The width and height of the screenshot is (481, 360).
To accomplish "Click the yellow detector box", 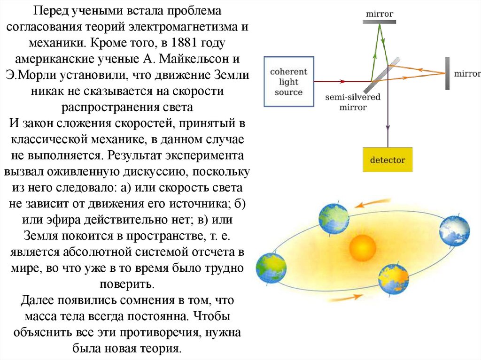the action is point(387,160).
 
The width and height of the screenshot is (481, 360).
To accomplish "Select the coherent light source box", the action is point(288,82).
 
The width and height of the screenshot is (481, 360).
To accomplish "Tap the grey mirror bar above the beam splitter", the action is point(380,21).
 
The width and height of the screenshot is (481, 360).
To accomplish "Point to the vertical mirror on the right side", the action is point(447,73).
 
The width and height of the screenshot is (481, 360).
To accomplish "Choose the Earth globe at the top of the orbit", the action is point(334,217).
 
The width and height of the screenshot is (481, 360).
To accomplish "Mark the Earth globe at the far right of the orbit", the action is point(454,231).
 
